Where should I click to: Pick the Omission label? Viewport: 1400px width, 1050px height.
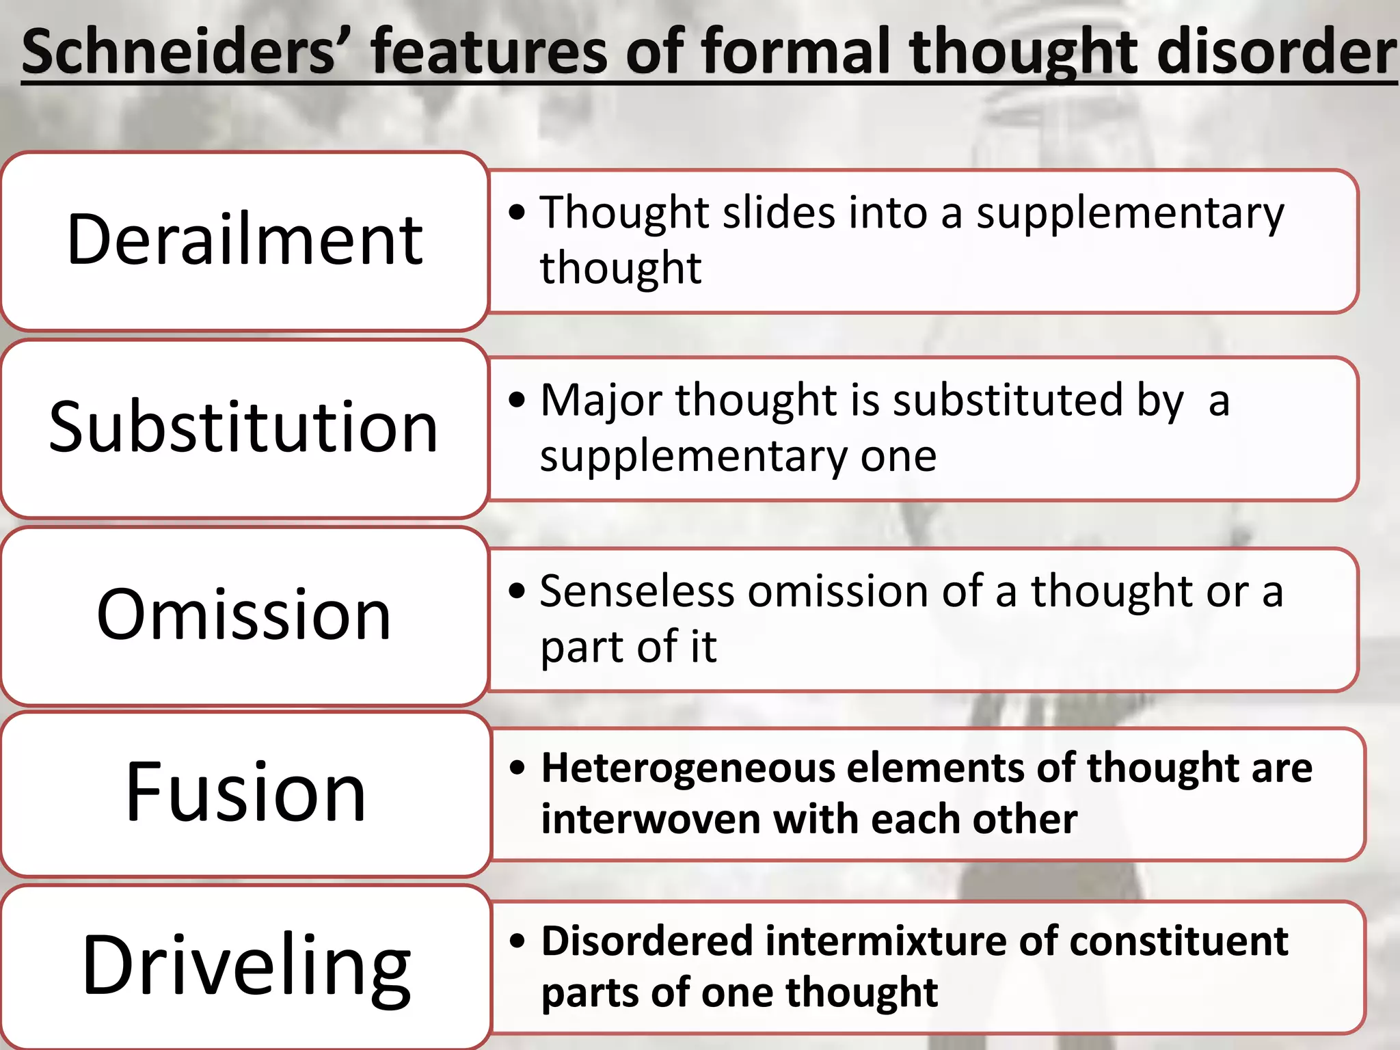[244, 615]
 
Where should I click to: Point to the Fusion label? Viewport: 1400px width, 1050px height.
[245, 792]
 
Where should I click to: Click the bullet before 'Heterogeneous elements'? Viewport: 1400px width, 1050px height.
[518, 768]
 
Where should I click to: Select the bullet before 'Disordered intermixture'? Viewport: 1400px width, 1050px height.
[518, 941]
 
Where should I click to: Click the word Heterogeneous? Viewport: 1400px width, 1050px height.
[688, 768]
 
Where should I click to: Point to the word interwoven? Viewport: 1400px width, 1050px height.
[650, 820]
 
